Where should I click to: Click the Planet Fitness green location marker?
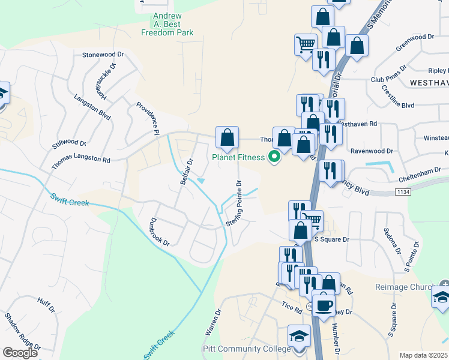click(275, 158)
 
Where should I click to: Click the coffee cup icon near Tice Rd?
click(324, 304)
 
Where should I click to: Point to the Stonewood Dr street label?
click(103, 54)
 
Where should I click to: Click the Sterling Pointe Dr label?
click(233, 203)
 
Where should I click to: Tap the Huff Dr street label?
click(46, 305)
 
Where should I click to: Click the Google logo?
click(20, 353)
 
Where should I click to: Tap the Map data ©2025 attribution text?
click(423, 355)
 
